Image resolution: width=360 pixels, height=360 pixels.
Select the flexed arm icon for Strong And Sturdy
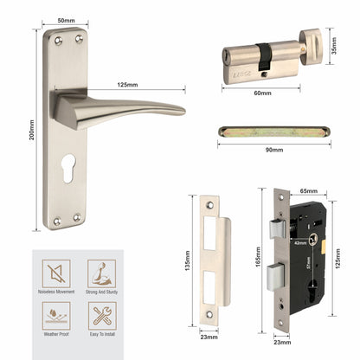pos(102,275)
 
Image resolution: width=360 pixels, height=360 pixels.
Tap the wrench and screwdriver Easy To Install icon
pos(102,319)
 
